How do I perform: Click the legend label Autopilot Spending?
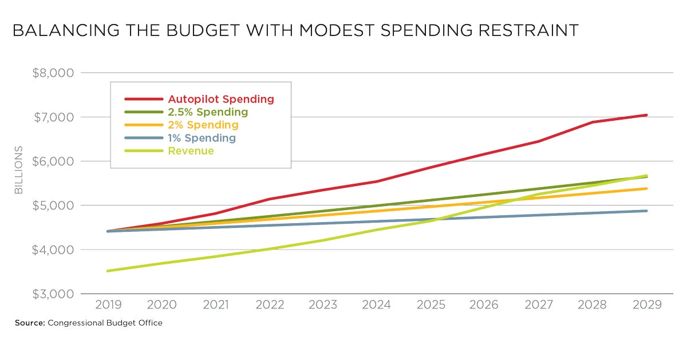[x=220, y=99]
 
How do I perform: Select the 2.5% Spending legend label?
[x=207, y=112]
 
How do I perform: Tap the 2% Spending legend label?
[x=203, y=125]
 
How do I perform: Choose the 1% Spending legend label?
[x=202, y=138]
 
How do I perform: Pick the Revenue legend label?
[x=191, y=151]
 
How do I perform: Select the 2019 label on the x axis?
[x=108, y=304]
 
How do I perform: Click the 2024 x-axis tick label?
[x=377, y=304]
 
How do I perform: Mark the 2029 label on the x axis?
[x=647, y=304]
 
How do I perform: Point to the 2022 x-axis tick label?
[x=270, y=304]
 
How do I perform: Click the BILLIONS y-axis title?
[x=19, y=170]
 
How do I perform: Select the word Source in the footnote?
[x=29, y=323]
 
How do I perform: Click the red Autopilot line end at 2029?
[x=646, y=115]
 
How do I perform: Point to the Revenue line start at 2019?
[x=108, y=271]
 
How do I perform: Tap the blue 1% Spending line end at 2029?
[x=646, y=211]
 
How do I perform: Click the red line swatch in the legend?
[x=140, y=99]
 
